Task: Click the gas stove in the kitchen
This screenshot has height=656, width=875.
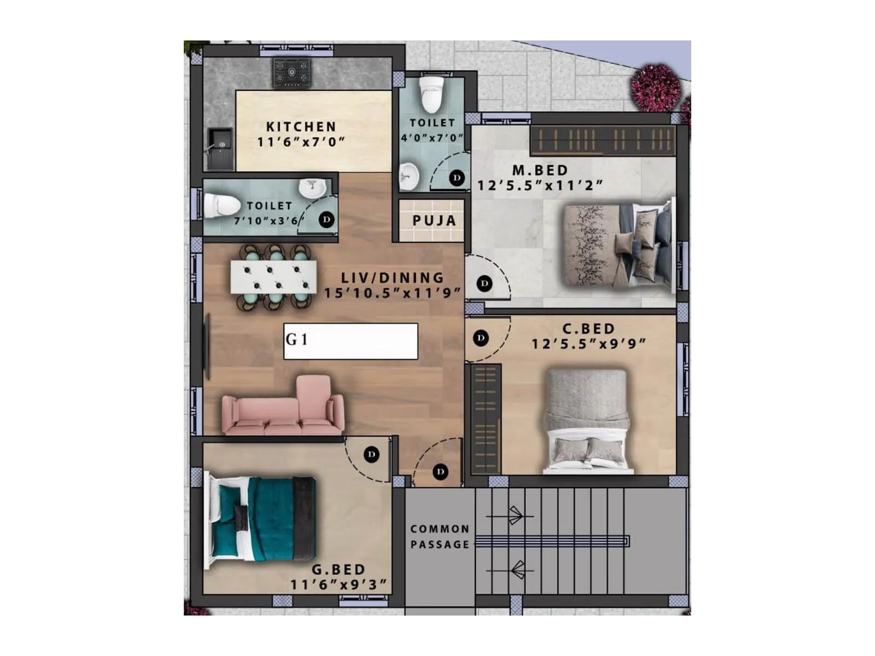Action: click(x=291, y=73)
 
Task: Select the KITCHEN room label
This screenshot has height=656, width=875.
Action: click(x=301, y=126)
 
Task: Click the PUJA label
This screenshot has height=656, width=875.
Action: click(x=434, y=220)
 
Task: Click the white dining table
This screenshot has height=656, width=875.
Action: click(x=273, y=277)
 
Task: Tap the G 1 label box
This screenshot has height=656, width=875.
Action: click(x=351, y=341)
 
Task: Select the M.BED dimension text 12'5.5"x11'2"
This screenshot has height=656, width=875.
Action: click(x=540, y=185)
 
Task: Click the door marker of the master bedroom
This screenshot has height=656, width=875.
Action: click(x=485, y=283)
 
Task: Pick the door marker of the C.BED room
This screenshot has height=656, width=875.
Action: click(x=481, y=338)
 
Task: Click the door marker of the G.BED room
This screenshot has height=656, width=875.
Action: click(x=371, y=454)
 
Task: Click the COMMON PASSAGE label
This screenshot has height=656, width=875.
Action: click(x=440, y=536)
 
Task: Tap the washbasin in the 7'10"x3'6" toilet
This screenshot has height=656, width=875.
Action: click(x=312, y=188)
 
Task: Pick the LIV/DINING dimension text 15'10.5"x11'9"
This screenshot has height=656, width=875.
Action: click(x=392, y=293)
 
